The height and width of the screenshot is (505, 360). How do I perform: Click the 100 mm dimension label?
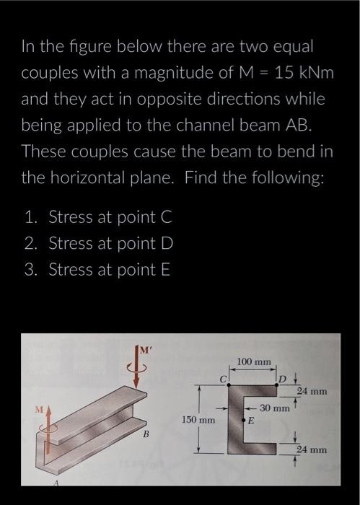point(253,360)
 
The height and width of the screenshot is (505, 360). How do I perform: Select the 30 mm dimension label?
point(274,408)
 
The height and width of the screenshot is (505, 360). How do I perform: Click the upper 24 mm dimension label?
point(312,392)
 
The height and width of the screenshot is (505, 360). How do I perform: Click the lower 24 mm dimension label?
point(312,449)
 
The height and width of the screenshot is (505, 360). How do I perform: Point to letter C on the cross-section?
point(224,377)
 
